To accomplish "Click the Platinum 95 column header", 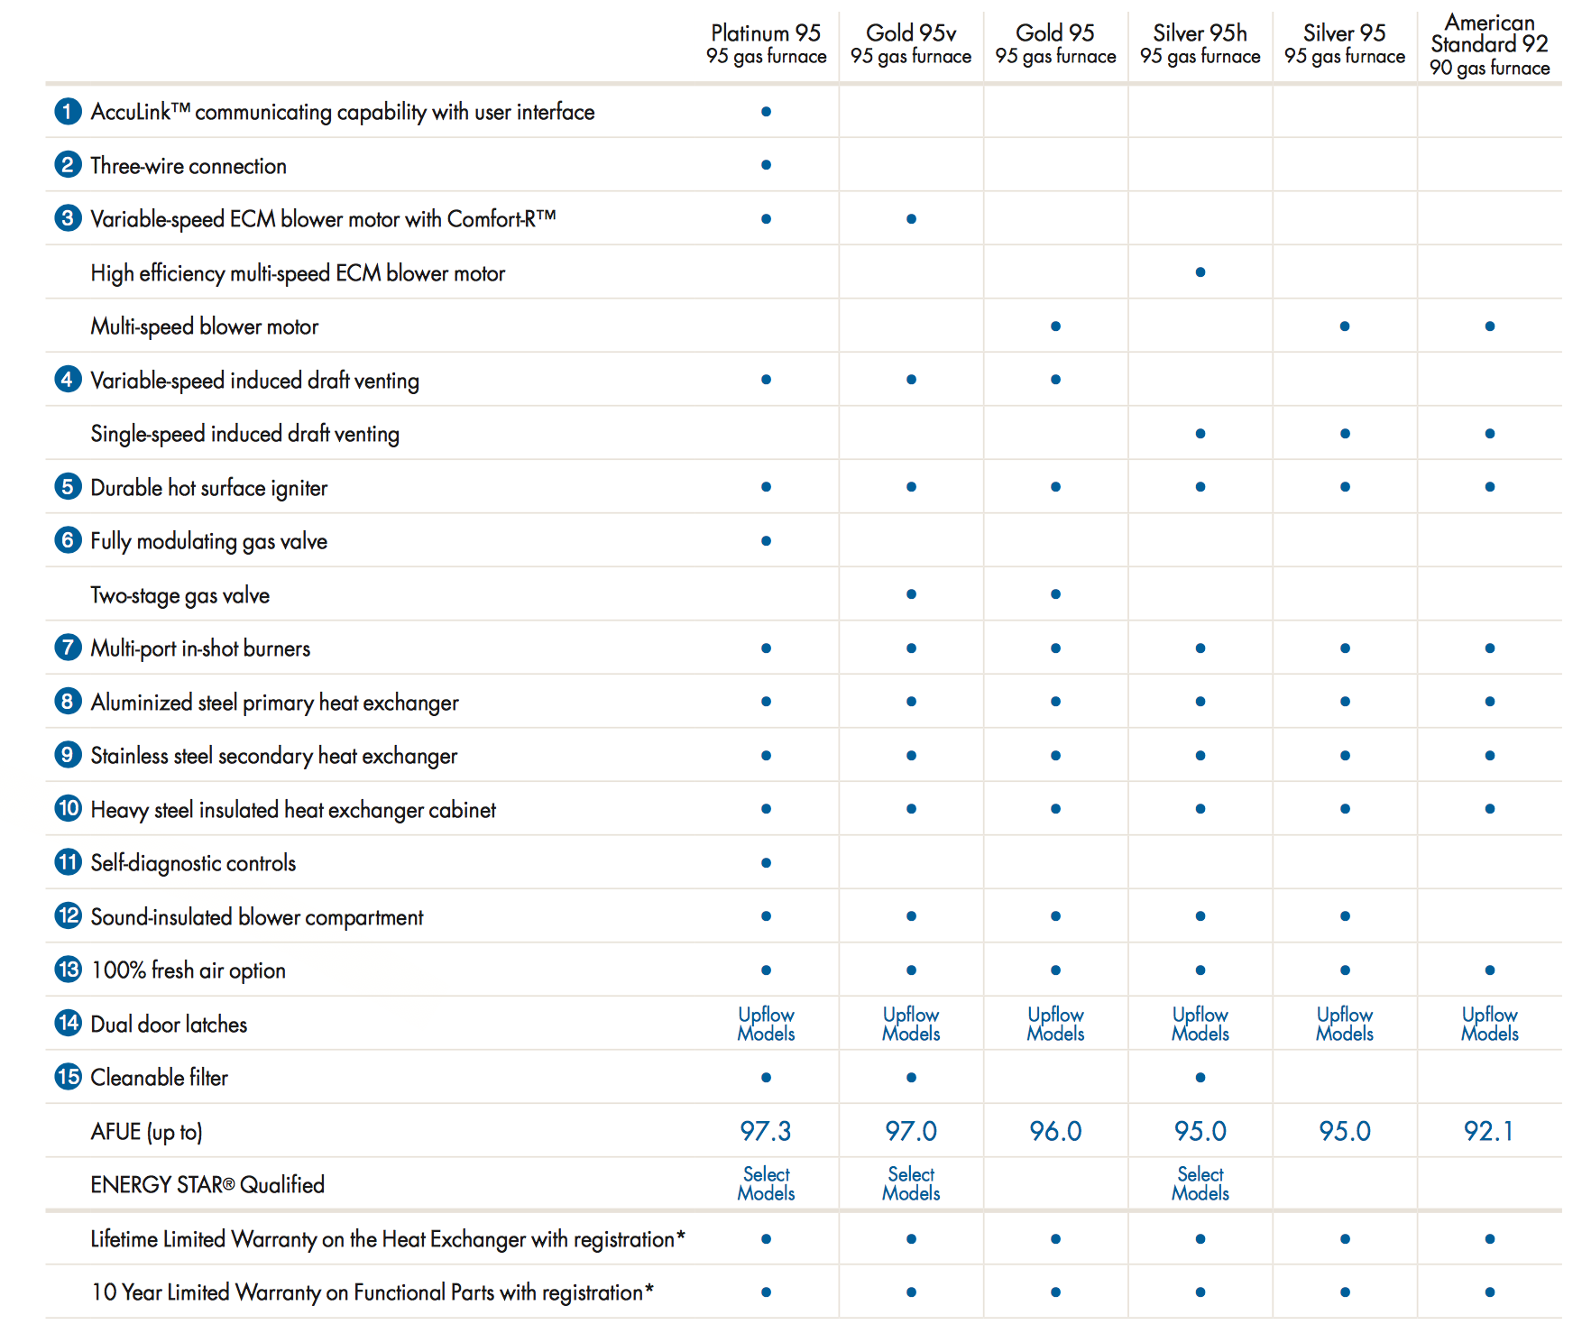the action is click(766, 44).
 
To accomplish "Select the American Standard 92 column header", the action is click(1489, 44).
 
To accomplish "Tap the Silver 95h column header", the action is click(1200, 44).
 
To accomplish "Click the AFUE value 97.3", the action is click(766, 1131).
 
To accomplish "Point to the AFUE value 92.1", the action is click(1489, 1131).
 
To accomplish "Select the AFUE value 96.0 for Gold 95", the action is click(1055, 1131).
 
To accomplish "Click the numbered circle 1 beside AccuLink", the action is click(68, 111).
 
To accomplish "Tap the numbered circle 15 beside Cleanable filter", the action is click(68, 1077).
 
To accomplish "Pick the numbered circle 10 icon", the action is click(68, 808).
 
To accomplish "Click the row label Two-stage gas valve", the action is click(180, 595).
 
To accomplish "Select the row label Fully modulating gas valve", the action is click(209, 541).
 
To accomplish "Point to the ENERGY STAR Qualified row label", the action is click(207, 1184).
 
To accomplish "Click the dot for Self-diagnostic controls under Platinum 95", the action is click(766, 863).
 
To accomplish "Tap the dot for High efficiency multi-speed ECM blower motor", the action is click(1200, 272).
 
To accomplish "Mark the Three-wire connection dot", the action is click(766, 165).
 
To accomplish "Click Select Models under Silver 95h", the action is click(1200, 1183).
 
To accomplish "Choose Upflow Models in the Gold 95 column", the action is click(1055, 1024).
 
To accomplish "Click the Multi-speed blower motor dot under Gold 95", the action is click(1055, 326).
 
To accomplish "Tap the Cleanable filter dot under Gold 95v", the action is click(911, 1078).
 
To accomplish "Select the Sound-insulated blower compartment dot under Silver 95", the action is click(1345, 916).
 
